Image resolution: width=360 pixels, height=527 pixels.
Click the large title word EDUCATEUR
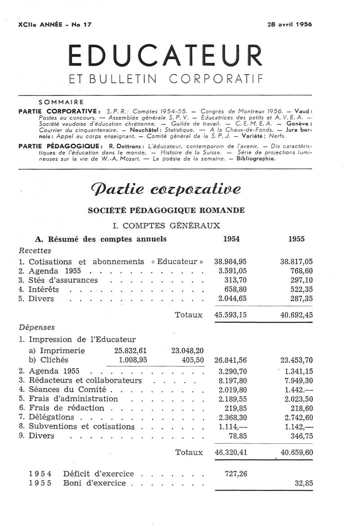[165, 56]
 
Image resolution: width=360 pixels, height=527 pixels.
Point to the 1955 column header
[297, 239]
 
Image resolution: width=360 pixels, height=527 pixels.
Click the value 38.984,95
[230, 261]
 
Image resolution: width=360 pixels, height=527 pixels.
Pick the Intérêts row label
[44, 289]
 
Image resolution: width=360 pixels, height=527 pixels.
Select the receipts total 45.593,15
[230, 315]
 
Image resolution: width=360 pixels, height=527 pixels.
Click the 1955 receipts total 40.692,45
[296, 315]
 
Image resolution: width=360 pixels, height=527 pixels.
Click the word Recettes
[35, 251]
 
